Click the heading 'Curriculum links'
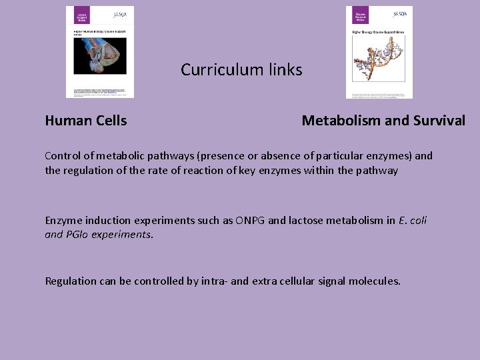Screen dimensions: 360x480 [x=241, y=70]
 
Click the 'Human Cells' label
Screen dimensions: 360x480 [x=86, y=121]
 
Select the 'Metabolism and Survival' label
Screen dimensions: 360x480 [x=383, y=121]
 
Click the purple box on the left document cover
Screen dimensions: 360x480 [x=77, y=16]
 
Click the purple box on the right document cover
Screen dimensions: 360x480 [x=359, y=15]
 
